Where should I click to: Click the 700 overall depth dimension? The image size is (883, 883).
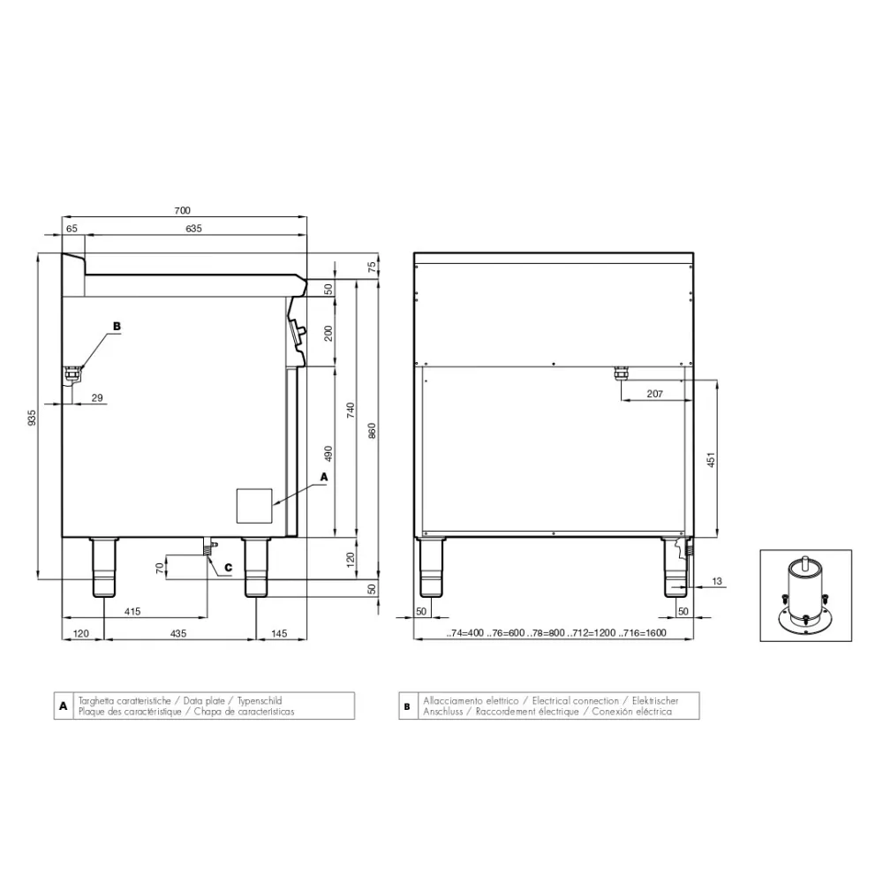click(183, 211)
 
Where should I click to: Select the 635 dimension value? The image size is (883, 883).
click(193, 229)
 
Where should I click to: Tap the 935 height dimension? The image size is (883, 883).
click(32, 418)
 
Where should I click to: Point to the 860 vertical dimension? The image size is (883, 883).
click(371, 431)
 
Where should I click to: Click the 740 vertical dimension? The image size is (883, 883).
click(351, 410)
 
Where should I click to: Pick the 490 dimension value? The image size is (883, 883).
click(328, 454)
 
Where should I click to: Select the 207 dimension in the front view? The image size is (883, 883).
click(655, 394)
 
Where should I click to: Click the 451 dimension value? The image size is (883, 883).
click(711, 459)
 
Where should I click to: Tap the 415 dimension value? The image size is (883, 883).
click(132, 612)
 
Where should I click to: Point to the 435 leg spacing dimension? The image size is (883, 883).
click(178, 633)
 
